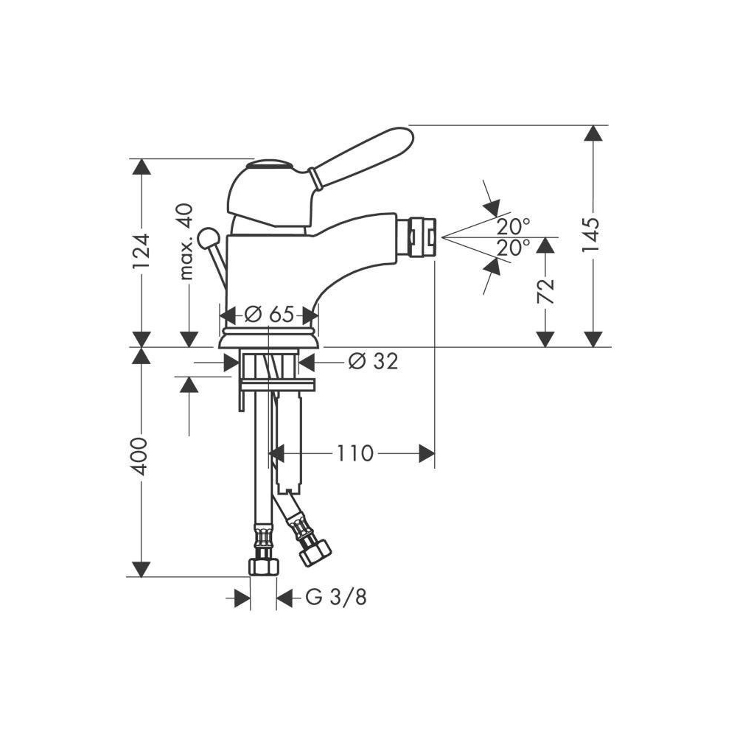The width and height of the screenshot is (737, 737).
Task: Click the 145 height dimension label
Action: click(x=591, y=235)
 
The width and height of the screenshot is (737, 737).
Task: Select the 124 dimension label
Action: click(x=141, y=251)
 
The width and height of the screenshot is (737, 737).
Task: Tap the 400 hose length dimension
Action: click(x=139, y=456)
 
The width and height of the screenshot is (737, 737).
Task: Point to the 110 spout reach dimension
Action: click(x=355, y=453)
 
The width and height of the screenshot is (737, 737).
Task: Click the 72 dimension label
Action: click(x=545, y=291)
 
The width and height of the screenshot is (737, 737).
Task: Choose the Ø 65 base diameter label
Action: click(x=269, y=314)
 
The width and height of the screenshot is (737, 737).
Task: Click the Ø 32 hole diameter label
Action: click(x=373, y=361)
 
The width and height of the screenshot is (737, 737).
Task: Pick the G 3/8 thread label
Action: click(x=335, y=598)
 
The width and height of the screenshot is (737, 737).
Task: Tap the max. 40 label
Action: click(x=186, y=242)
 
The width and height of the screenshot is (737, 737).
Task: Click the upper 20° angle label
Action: click(x=513, y=227)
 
